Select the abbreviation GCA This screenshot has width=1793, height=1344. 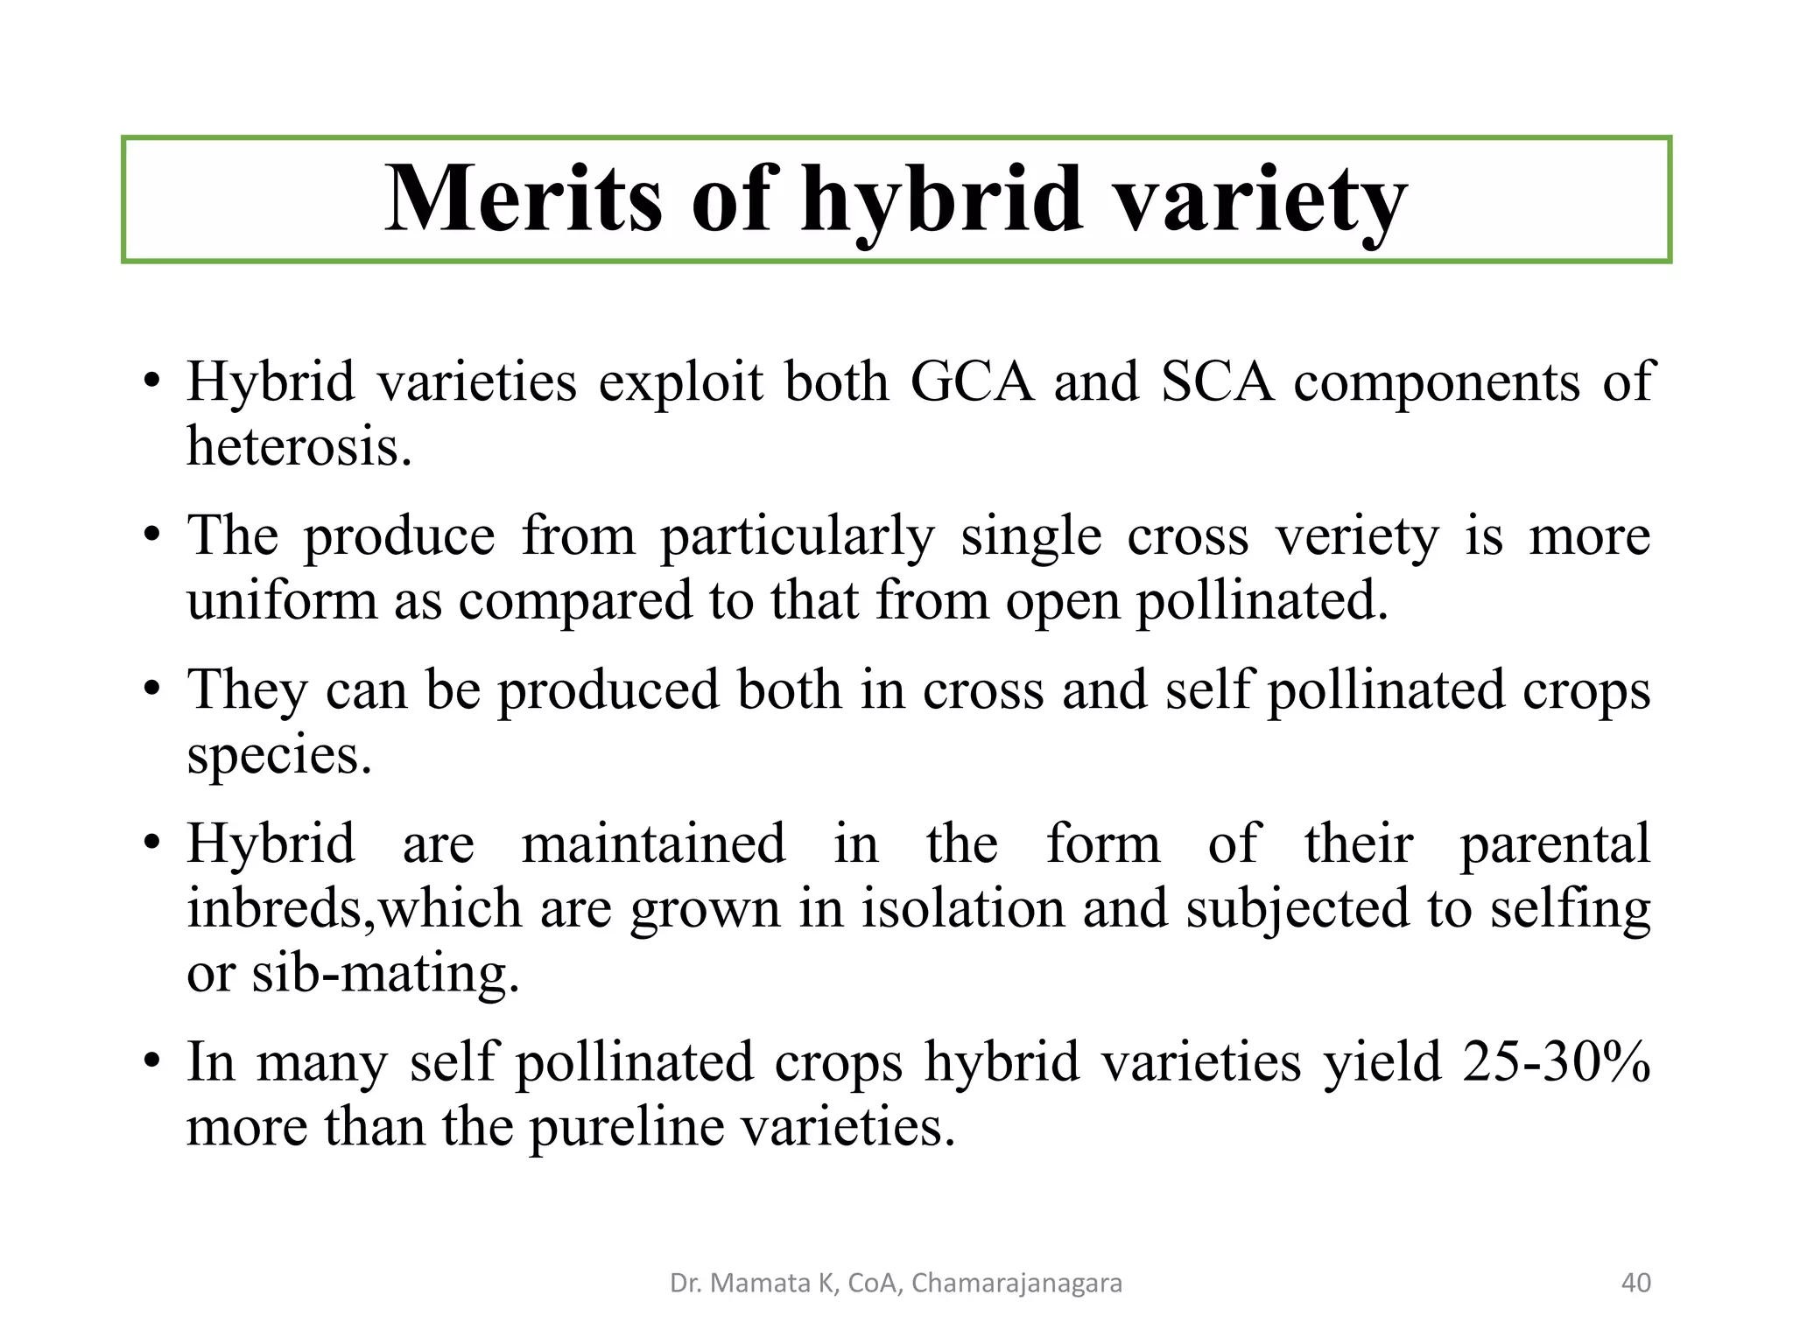point(972,382)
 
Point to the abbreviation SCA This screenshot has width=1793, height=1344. point(1217,382)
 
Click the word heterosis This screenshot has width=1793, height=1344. point(299,446)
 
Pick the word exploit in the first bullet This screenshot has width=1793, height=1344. point(680,382)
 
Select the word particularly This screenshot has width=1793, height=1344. point(798,535)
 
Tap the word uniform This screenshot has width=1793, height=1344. point(281,600)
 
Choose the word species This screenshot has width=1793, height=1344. point(279,754)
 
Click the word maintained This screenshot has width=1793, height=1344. point(653,843)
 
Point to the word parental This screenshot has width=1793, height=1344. point(1555,843)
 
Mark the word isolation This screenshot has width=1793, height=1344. point(961,908)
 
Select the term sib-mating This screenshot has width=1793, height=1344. point(385,973)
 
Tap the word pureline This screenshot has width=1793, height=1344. point(627,1127)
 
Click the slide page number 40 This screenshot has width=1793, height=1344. point(1636,1284)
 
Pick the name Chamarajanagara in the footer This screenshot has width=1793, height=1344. point(1016,1284)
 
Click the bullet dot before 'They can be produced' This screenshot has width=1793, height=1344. point(152,689)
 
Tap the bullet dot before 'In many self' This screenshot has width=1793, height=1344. point(152,1062)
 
